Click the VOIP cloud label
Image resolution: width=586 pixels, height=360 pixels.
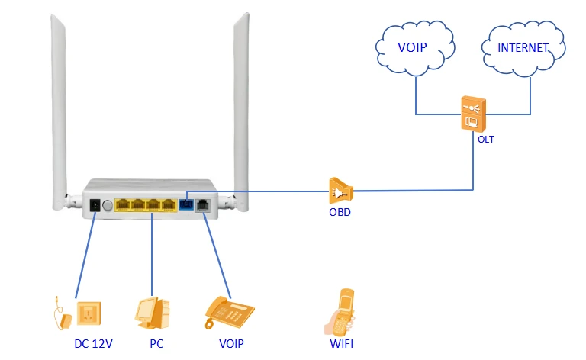(x=412, y=47)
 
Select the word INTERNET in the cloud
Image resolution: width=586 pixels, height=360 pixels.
(x=523, y=48)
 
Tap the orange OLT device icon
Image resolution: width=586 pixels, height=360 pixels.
(x=474, y=114)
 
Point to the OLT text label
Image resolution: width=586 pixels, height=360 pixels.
(x=486, y=140)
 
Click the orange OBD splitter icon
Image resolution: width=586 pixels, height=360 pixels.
(x=340, y=191)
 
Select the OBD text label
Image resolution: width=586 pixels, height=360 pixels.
(x=340, y=212)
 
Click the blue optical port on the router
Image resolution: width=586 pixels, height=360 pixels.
(x=186, y=205)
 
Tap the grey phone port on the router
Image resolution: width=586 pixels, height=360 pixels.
(x=202, y=205)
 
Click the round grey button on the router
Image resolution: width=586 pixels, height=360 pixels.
(x=108, y=205)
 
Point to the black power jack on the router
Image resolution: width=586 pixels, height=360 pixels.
(x=95, y=205)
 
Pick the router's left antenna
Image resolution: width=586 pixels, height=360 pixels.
(x=60, y=112)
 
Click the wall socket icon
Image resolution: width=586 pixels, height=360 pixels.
(x=89, y=313)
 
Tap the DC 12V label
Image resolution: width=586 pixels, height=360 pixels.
(x=93, y=343)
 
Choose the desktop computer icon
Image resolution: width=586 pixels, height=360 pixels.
(x=152, y=313)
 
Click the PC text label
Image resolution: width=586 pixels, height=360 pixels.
(x=156, y=343)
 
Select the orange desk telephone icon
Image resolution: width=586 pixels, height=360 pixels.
(x=229, y=312)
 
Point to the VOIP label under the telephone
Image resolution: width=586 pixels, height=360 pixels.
(x=231, y=343)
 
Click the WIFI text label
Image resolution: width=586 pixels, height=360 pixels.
(x=341, y=343)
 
